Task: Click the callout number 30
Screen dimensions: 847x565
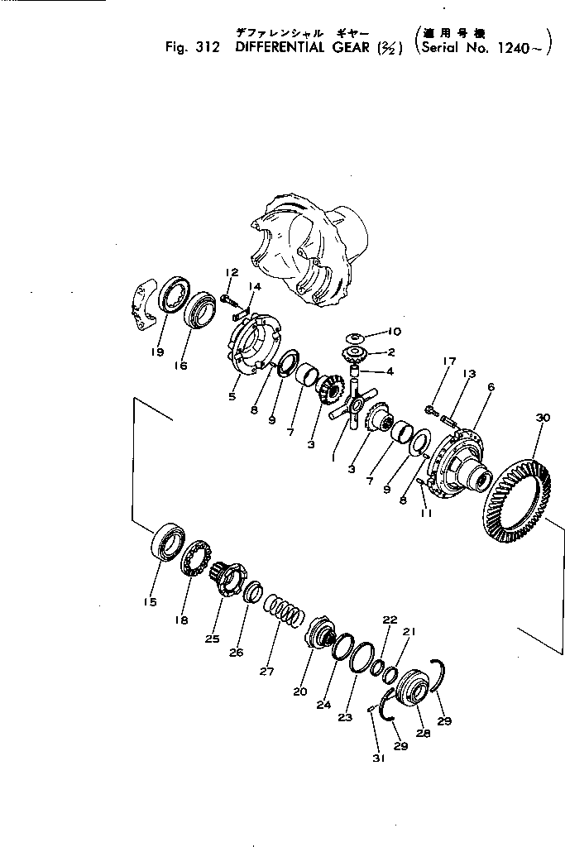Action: tap(543, 419)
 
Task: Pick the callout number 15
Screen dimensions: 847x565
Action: tap(149, 603)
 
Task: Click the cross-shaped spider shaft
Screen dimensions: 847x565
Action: tap(348, 409)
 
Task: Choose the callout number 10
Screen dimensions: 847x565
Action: tap(394, 333)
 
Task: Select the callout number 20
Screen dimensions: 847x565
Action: tap(299, 692)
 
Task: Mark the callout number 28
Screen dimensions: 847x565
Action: tap(424, 732)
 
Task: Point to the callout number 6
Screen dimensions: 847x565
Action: tap(491, 387)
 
